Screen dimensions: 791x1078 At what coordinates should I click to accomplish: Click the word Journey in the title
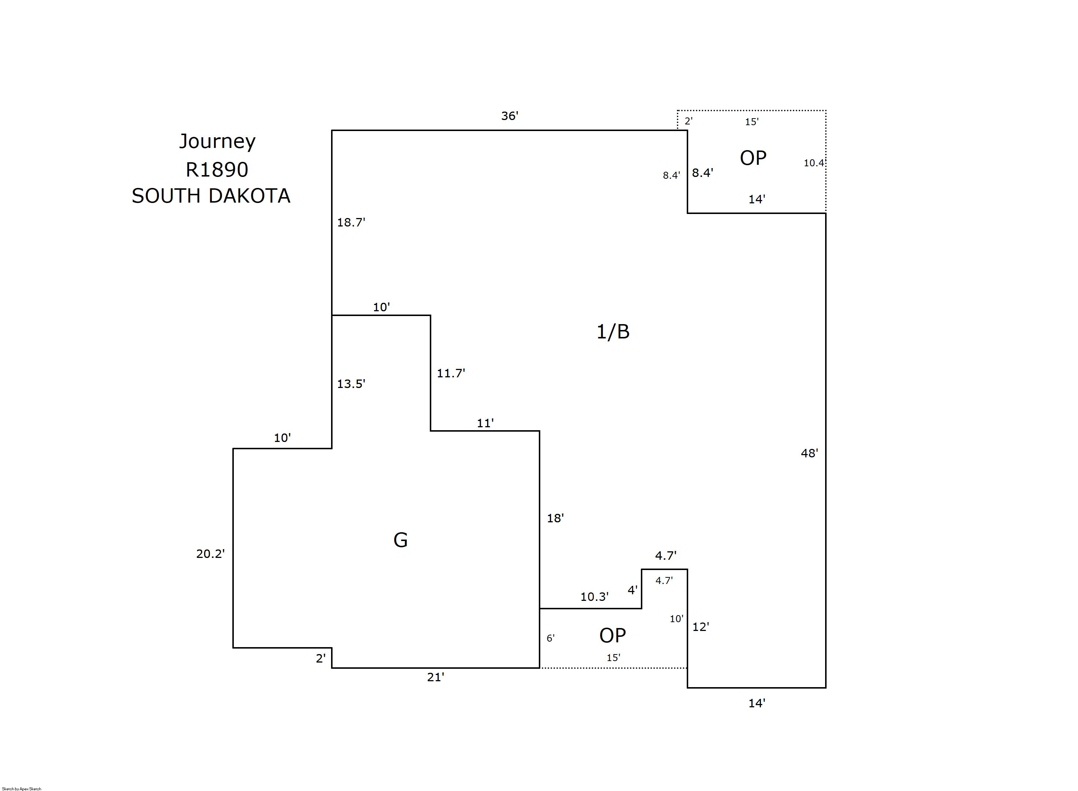point(217,142)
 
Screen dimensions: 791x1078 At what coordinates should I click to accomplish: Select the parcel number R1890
point(217,170)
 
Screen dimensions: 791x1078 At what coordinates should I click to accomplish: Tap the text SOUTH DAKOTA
point(211,196)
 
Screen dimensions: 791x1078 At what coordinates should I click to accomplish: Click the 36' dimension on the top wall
point(509,116)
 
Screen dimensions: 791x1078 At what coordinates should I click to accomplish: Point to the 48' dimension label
point(809,453)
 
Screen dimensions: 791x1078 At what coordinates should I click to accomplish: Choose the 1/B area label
point(613,331)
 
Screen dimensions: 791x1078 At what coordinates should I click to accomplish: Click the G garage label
point(400,540)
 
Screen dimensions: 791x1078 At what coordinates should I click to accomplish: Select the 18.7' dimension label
point(351,222)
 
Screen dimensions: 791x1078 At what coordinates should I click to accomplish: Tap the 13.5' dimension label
point(351,384)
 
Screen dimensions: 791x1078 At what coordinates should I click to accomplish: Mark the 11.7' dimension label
point(450,373)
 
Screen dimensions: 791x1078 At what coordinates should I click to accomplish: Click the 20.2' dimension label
point(210,554)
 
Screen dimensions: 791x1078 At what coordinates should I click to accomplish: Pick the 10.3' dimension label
point(594,596)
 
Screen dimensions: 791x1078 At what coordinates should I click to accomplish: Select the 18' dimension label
point(555,518)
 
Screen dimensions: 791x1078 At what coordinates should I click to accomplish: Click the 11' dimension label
point(485,423)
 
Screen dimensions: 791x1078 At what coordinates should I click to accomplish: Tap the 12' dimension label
point(700,627)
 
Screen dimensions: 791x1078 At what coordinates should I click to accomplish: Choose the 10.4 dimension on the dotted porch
point(813,163)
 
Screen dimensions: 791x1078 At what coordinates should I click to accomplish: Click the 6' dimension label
point(551,638)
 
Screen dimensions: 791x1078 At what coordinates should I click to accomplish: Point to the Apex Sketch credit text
point(22,788)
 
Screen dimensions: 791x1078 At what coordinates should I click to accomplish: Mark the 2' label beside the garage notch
point(320,658)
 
